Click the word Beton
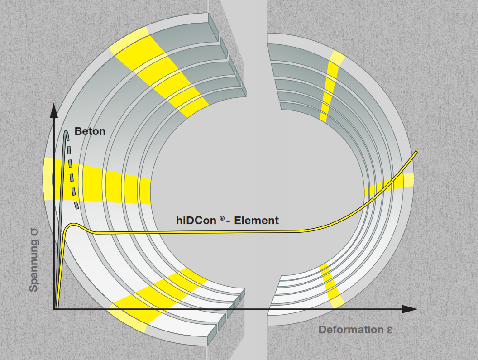point(90,131)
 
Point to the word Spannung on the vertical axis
point(33,268)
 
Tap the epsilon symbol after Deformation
point(389,330)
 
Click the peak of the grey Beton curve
point(66,132)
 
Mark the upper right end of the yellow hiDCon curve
point(416,152)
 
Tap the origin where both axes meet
point(55,309)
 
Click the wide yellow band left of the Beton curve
point(49,179)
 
